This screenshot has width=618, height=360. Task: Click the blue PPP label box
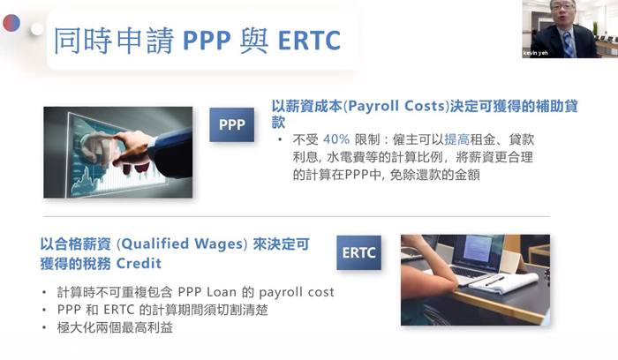[x=231, y=124]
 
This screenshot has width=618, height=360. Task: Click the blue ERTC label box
[x=358, y=252]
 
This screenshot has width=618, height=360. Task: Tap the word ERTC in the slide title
[x=309, y=41]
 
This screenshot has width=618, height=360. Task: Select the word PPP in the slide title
[x=207, y=41]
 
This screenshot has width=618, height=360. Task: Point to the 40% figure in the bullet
[x=336, y=139]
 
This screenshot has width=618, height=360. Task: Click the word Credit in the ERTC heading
[x=139, y=263]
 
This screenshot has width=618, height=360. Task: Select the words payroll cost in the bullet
[x=297, y=292]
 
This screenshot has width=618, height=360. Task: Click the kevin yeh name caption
[x=536, y=53]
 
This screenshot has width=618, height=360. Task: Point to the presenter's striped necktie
[x=568, y=44]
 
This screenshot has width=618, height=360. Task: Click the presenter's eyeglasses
[x=562, y=7]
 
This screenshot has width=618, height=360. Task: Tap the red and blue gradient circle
[x=11, y=23]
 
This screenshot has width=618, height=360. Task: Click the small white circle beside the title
[x=37, y=29]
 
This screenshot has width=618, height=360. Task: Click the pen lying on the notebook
[x=494, y=281]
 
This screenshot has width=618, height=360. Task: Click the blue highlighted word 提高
[x=456, y=139]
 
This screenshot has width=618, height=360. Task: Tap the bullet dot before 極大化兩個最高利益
[x=44, y=327]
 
